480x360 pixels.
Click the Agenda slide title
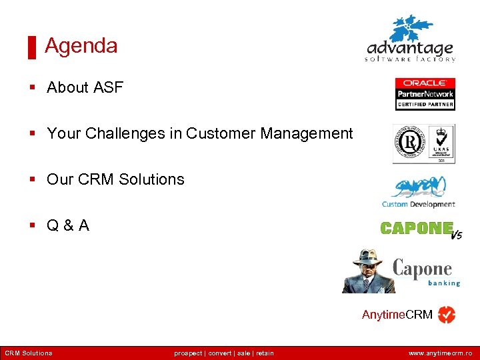(81, 46)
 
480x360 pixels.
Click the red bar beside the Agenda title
(31, 47)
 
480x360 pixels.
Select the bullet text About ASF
(85, 87)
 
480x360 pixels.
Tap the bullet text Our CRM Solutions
(115, 179)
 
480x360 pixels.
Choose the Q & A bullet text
(67, 225)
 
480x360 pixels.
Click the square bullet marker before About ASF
(32, 88)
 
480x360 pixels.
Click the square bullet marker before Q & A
(32, 226)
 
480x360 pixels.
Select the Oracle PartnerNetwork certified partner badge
(425, 93)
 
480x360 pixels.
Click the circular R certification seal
(409, 143)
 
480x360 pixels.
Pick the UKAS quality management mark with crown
(441, 143)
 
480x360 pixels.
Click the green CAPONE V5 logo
(420, 229)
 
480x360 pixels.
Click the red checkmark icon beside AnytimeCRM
(447, 315)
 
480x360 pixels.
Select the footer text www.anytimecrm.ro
(440, 353)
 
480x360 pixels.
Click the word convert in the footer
(220, 353)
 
